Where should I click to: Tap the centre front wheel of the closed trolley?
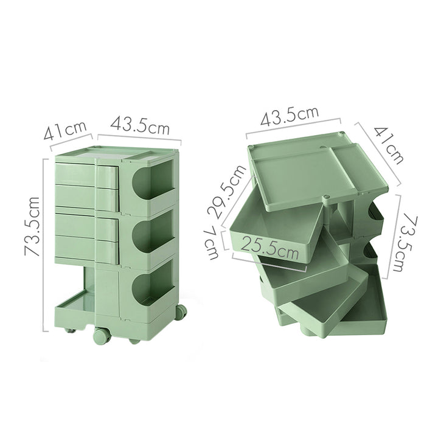[101, 336]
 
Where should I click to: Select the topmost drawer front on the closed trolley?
[77, 174]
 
